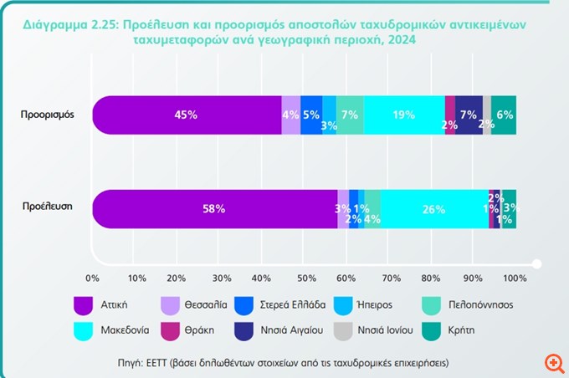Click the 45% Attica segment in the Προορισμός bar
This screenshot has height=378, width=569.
tap(187, 115)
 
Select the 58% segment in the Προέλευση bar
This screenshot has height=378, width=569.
tap(214, 209)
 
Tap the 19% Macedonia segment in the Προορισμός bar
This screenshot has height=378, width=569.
tap(405, 115)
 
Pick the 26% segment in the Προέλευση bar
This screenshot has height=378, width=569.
tap(433, 209)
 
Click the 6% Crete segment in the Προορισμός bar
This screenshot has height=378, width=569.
tap(505, 115)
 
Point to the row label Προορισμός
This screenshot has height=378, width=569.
tap(48, 115)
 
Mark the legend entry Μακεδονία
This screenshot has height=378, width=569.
tap(124, 329)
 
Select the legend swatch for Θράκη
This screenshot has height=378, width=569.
tap(172, 329)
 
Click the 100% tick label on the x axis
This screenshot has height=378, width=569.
tap(515, 277)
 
